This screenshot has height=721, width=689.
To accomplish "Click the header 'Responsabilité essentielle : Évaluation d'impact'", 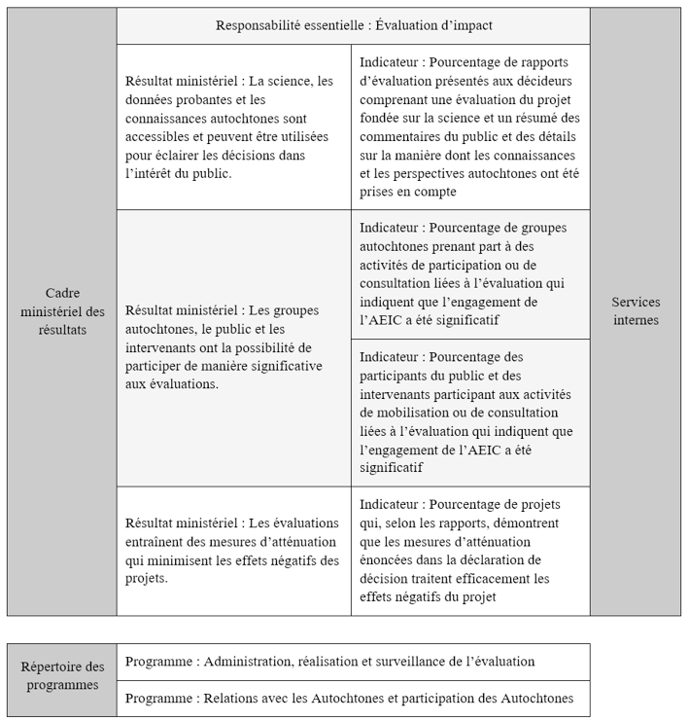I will (x=353, y=25).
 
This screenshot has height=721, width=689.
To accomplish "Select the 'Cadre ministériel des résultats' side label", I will (x=62, y=311).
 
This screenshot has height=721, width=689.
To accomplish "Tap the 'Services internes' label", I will (x=636, y=311).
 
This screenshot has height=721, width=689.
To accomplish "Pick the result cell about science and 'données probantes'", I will (x=233, y=126).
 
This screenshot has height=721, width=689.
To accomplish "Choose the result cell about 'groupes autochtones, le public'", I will (x=233, y=347).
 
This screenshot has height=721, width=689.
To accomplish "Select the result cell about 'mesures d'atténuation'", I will (x=233, y=551).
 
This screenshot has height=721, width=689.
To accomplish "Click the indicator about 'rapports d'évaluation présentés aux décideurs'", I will (x=470, y=126).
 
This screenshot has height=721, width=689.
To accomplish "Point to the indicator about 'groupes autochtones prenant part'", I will (x=470, y=274).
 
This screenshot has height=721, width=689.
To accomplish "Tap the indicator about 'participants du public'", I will (x=470, y=413).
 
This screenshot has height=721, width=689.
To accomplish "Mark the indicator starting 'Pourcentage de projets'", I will (x=470, y=551).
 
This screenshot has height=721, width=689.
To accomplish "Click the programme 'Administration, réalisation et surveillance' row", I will (x=353, y=662).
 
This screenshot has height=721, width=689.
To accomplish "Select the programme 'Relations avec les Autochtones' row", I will (x=353, y=698).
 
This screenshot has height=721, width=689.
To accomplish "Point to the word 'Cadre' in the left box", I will (x=63, y=293).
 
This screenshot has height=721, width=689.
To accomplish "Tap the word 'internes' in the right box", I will (x=636, y=320).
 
